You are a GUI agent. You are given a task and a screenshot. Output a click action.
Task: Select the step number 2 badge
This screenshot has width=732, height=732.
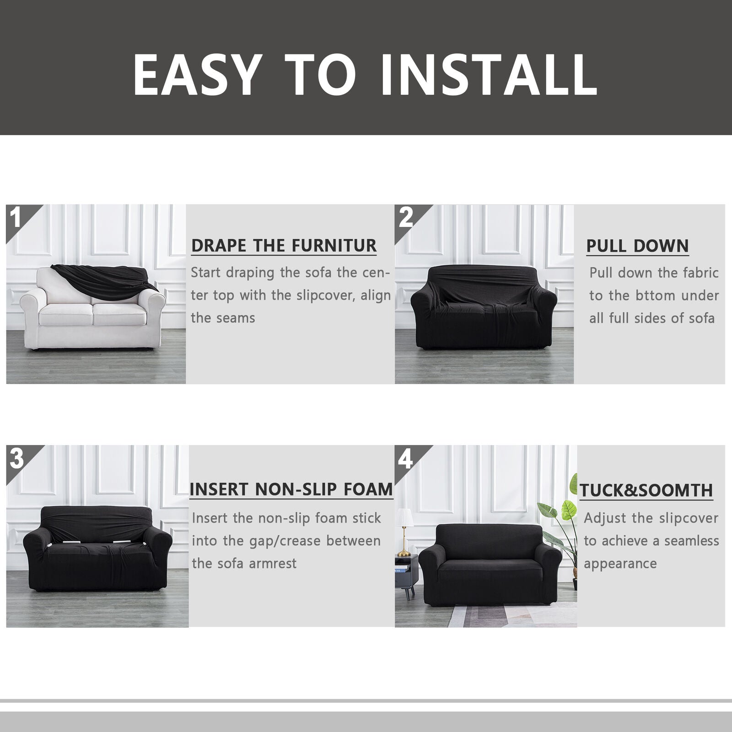pyautogui.click(x=406, y=217)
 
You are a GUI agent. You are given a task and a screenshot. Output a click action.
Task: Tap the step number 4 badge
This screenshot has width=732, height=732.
pyautogui.click(x=406, y=458)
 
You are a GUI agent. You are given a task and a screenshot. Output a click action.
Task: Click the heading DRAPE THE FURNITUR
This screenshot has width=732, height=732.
pyautogui.click(x=284, y=246)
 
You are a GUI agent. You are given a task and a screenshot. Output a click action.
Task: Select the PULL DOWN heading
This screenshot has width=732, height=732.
pyautogui.click(x=637, y=246)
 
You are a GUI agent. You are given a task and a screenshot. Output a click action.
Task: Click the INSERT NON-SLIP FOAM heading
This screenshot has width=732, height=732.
pyautogui.click(x=291, y=489)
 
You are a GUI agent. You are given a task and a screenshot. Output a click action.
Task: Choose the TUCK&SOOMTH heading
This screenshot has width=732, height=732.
pyautogui.click(x=646, y=490)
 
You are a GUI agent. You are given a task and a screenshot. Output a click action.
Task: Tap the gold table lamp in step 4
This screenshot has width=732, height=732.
pyautogui.click(x=404, y=532)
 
